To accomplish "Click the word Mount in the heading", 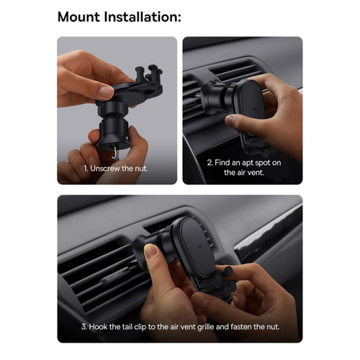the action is pyautogui.click(x=78, y=17).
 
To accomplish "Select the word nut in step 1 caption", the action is pyautogui.click(x=141, y=168).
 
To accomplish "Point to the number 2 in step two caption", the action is pyautogui.click(x=210, y=163).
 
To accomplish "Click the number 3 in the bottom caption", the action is pyautogui.click(x=84, y=327).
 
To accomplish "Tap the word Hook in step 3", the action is pyautogui.click(x=98, y=327).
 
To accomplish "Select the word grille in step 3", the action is pyautogui.click(x=205, y=327).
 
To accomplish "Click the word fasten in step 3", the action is pyautogui.click(x=241, y=327).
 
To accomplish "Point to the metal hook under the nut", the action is pyautogui.click(x=114, y=153).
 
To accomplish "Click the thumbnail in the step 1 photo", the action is pyautogui.click(x=107, y=91).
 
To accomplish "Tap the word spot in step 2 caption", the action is pyautogui.click(x=263, y=163).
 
